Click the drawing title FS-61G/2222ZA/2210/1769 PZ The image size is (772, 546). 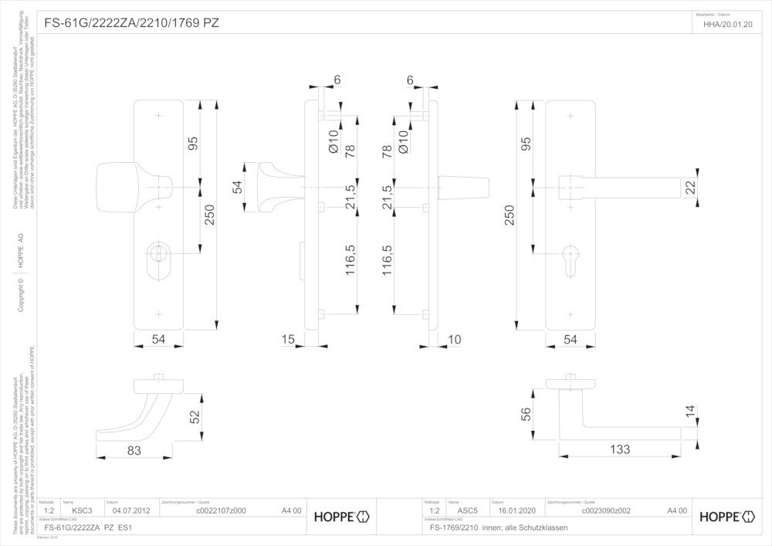[132, 23]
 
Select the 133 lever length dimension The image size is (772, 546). [619, 449]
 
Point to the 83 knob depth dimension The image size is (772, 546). [134, 449]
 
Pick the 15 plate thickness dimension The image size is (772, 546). [289, 340]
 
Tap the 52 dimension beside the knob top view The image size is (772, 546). [195, 415]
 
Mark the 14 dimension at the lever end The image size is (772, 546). [689, 411]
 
